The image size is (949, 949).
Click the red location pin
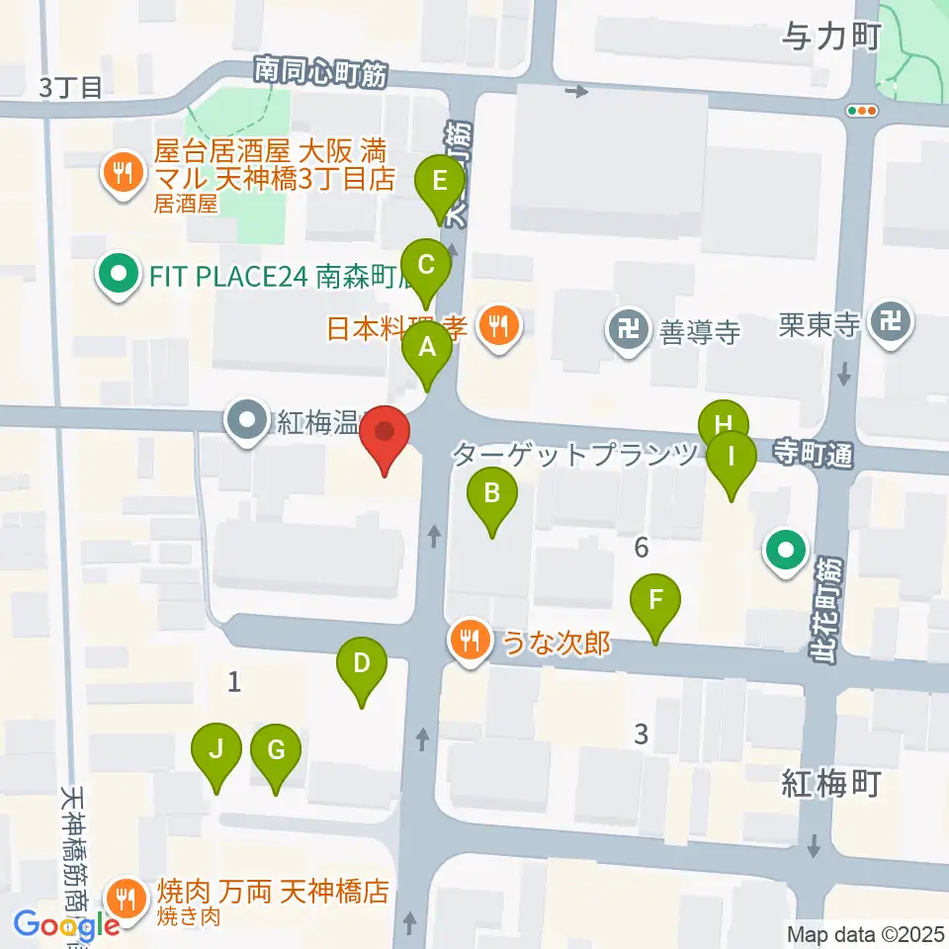(385, 440)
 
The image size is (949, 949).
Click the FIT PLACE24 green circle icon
(120, 275)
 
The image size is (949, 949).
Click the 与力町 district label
(829, 39)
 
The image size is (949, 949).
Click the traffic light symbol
(862, 111)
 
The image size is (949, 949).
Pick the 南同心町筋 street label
(320, 73)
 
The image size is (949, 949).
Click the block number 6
(642, 546)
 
